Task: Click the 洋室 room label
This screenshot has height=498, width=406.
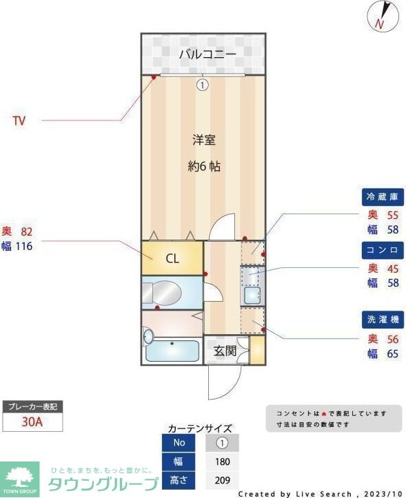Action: point(203,141)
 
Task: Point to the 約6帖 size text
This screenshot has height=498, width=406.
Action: point(204,166)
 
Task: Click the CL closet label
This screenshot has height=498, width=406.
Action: point(172,259)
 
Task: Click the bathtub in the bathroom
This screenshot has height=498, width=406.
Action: point(172,351)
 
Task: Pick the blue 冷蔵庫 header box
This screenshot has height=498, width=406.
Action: point(382,197)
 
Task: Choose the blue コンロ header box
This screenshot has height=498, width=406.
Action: point(382,249)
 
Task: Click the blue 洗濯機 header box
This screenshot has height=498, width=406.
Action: point(382,320)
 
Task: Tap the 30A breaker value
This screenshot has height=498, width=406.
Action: point(32,422)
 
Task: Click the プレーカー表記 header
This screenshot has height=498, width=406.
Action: point(32,406)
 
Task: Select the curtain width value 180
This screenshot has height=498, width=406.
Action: point(222,461)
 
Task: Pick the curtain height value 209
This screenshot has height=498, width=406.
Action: point(222,480)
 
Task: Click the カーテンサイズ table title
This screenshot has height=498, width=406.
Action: point(200,428)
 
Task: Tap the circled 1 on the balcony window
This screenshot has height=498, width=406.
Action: point(202,85)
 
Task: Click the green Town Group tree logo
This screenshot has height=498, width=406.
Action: point(21,475)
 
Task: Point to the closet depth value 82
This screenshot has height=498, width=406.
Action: point(27,231)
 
